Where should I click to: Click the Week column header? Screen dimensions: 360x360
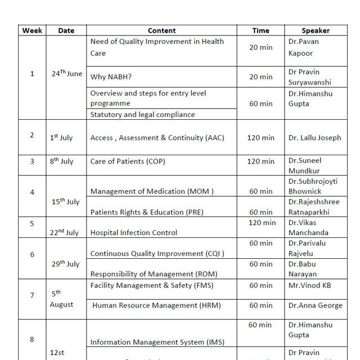coord(32,30)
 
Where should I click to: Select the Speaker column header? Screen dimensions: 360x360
coord(316,30)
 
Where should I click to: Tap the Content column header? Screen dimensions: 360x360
coord(161,30)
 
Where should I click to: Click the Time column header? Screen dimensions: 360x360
coord(260,30)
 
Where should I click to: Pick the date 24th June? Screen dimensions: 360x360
coord(66,74)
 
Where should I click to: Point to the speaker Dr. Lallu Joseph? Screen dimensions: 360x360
coord(314,137)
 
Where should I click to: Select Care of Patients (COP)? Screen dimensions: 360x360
coord(128,161)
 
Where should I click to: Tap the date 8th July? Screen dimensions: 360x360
coord(61,161)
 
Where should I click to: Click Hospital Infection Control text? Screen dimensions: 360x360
coord(134,232)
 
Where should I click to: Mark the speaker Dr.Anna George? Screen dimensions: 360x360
coord(315,305)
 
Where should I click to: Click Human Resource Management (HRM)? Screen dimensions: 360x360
coord(156,305)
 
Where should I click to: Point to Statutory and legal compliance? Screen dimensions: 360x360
coord(142,114)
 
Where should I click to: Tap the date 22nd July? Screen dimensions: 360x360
coord(64,232)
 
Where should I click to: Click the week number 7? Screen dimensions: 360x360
coord(32,295)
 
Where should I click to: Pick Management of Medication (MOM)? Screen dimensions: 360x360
coord(152,191)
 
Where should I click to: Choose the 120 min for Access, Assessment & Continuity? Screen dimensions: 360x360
coord(260,137)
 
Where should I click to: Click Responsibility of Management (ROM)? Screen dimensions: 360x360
coord(154,274)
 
